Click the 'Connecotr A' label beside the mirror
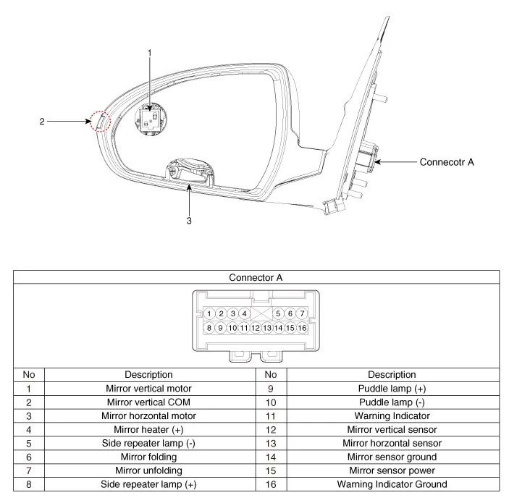tap(447, 162)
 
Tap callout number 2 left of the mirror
tap(42, 122)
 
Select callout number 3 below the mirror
tap(189, 221)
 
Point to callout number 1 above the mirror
tap(150, 53)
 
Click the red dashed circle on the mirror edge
tap(101, 122)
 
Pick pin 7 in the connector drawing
tap(302, 313)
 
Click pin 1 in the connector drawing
tap(209, 313)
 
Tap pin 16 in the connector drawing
tap(302, 328)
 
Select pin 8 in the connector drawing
tap(209, 328)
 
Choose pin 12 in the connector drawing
tap(256, 328)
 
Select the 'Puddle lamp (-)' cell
tap(391, 402)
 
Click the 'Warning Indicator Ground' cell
tap(391, 484)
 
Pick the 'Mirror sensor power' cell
tap(391, 470)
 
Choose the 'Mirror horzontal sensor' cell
tap(391, 443)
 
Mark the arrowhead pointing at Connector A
tap(377, 162)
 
